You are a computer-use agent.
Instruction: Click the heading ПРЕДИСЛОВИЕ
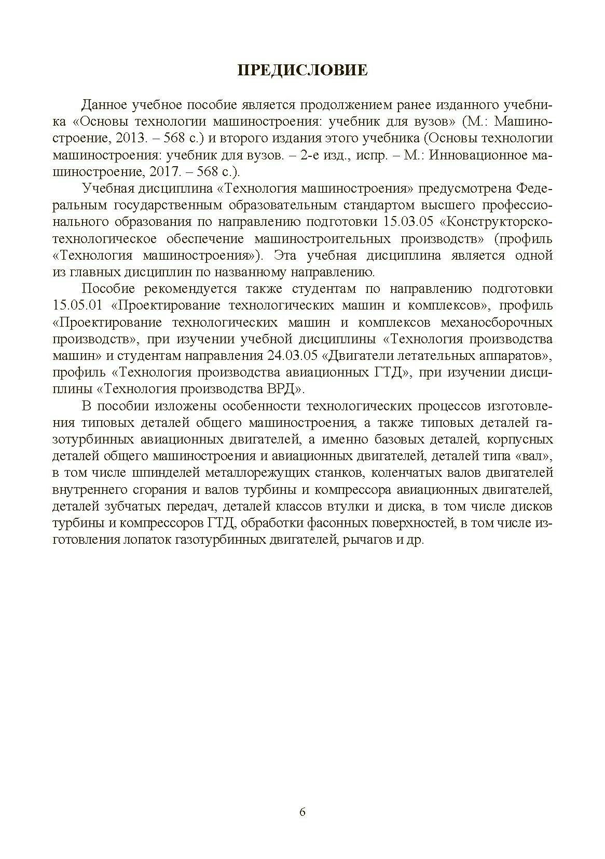coord(302,70)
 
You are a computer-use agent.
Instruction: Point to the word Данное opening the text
coord(104,105)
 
